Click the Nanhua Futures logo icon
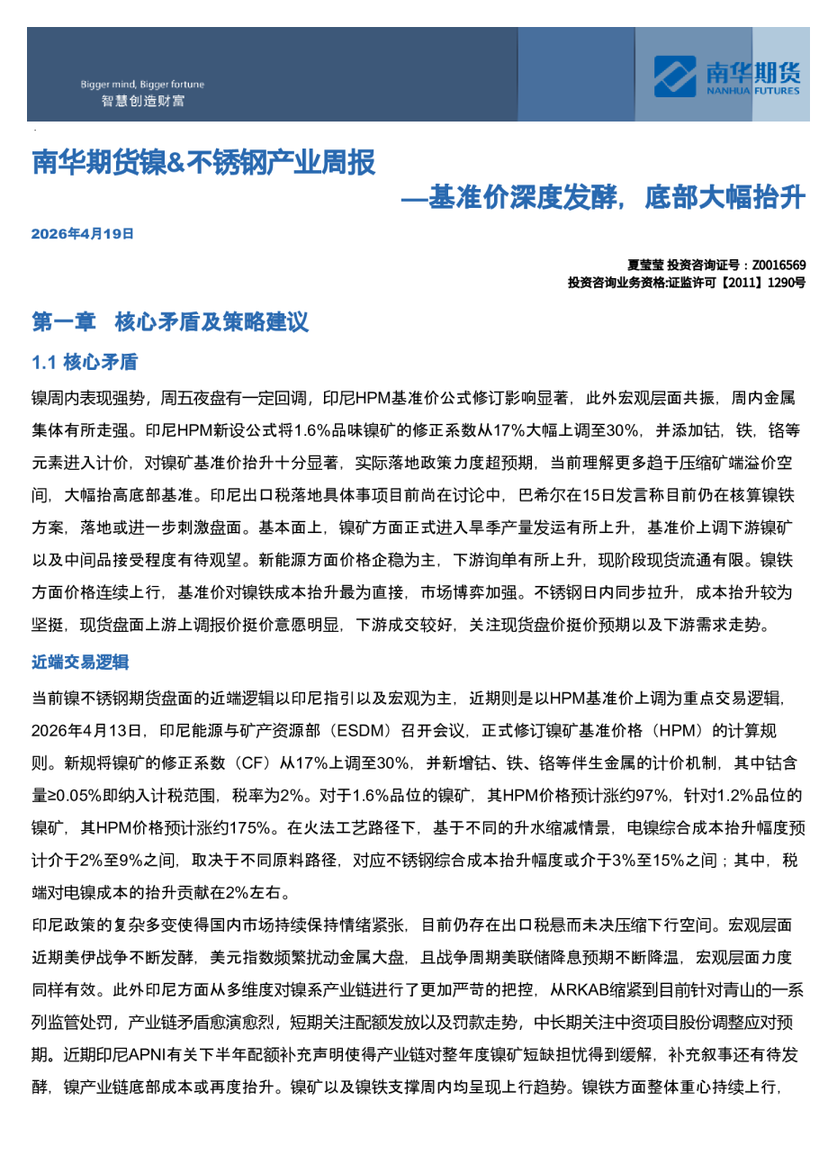click(674, 76)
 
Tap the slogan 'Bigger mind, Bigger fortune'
click(142, 85)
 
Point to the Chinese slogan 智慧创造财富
click(142, 101)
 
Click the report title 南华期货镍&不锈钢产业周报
click(203, 163)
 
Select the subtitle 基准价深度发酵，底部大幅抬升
click(616, 197)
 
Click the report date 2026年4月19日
click(83, 234)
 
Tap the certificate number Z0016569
click(778, 266)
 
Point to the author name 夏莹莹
click(645, 266)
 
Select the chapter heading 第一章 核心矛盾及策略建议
click(170, 321)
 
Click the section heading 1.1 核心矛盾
click(85, 362)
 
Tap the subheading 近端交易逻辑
click(80, 662)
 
